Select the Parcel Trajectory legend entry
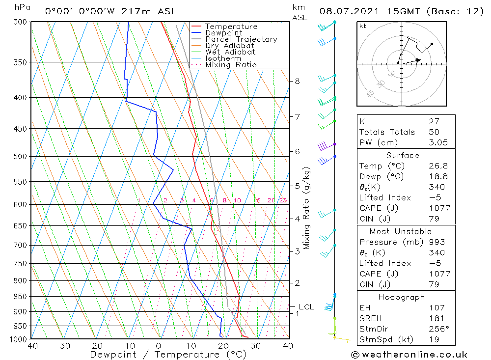point(241,39)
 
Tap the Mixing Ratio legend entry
point(231,65)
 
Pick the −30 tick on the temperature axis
point(62,346)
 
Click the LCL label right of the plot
point(306,307)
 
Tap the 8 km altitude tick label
point(298,81)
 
